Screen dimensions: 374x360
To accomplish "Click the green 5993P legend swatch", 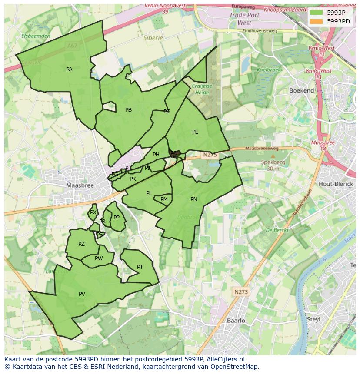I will (317, 12).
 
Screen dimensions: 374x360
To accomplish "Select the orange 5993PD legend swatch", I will (317, 21).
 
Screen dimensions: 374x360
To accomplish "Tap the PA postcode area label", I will (69, 70).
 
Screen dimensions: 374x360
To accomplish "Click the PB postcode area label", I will (128, 110).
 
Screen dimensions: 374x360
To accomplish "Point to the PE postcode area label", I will (195, 132).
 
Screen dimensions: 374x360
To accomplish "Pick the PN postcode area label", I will (194, 199).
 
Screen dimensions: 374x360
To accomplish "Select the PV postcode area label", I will (82, 294).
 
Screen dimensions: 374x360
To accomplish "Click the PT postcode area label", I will (140, 267).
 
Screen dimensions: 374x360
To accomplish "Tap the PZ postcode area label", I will (81, 244).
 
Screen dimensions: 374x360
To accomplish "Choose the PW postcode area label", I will (99, 258).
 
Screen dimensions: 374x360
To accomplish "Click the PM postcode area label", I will (164, 199).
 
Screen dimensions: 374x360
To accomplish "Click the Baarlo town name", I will (236, 321).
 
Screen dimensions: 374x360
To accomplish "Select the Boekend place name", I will (302, 91).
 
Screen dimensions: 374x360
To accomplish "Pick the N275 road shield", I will (210, 155).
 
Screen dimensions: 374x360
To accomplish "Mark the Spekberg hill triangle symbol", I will (273, 156).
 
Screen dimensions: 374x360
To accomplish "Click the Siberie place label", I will (153, 38).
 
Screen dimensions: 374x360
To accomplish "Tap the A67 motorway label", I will (72, 45).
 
